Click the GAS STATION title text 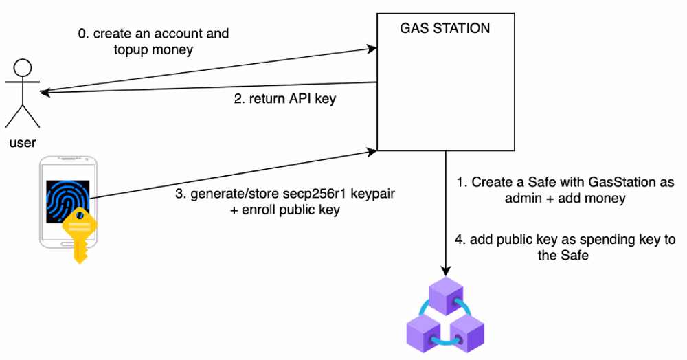[x=445, y=29]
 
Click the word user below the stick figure [x=23, y=144]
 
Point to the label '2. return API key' [x=284, y=99]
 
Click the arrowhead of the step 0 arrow [x=372, y=49]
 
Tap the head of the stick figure [x=23, y=69]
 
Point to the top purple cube [x=447, y=293]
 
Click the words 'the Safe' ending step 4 [x=565, y=257]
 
